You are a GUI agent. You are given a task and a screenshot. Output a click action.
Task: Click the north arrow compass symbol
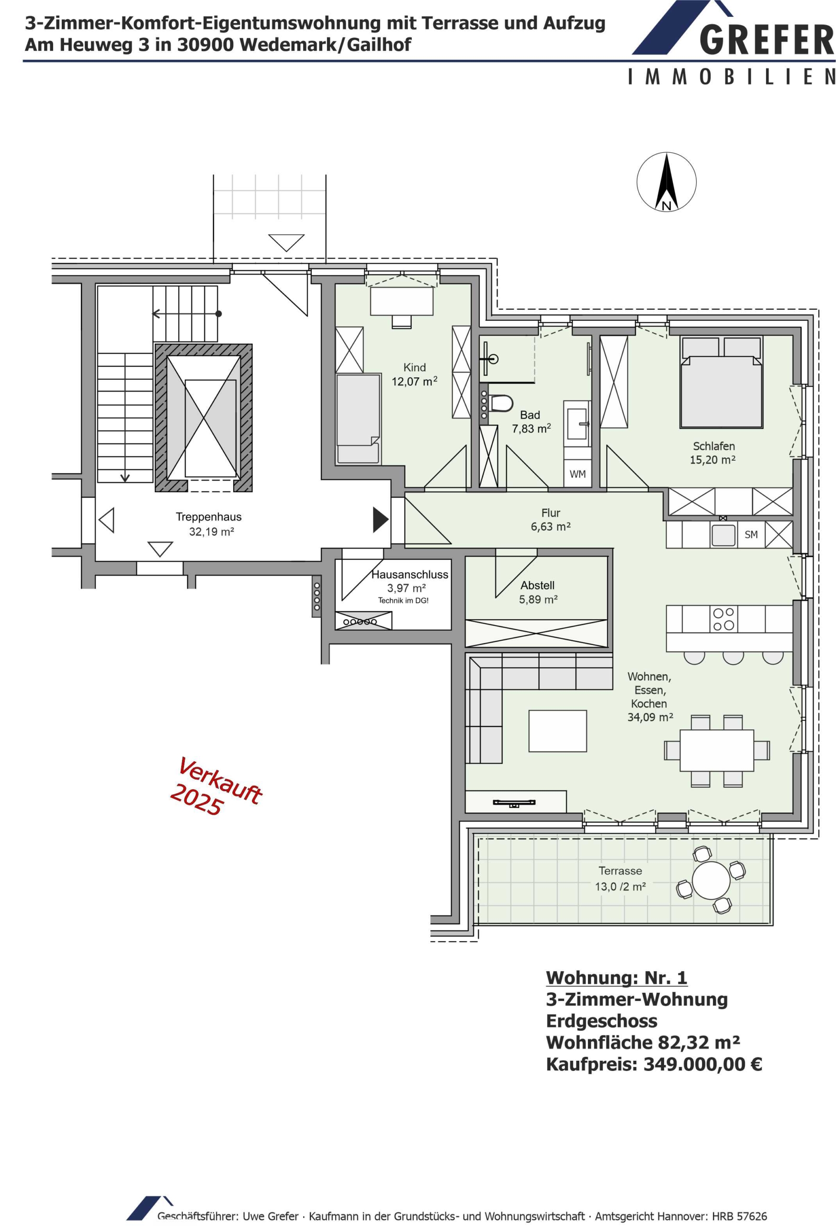point(666,182)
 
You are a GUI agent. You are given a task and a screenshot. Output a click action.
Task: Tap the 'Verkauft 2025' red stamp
point(216,787)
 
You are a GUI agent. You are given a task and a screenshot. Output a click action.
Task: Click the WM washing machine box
point(577,474)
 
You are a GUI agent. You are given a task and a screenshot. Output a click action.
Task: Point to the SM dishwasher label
point(751,534)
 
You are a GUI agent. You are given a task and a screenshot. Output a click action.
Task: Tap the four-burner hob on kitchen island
point(723,619)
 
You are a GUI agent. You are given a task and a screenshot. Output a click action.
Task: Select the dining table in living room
point(717,750)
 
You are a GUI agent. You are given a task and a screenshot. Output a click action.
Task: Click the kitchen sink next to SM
point(723,535)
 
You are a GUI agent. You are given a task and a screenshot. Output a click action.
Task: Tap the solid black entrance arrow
point(380,520)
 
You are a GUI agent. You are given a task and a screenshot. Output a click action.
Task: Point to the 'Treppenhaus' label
point(208,517)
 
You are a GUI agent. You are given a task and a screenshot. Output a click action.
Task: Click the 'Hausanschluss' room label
point(410,575)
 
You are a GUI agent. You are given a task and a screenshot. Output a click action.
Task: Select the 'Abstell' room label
point(538,585)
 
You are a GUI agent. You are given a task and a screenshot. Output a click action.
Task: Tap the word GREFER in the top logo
point(767,41)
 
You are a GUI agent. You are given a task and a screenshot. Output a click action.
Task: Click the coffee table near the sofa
point(557,731)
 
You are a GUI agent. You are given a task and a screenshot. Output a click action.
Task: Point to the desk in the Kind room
point(401,301)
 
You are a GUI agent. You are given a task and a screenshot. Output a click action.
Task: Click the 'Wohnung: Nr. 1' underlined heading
point(617,977)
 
